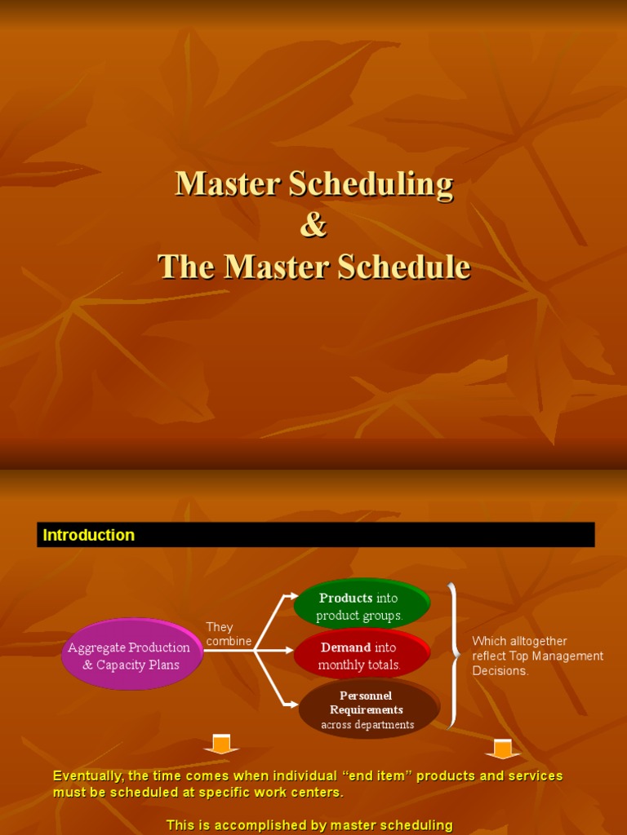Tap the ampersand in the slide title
tap(313, 225)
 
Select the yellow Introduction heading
tap(88, 535)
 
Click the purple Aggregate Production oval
tap(133, 654)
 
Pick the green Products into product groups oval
tap(362, 604)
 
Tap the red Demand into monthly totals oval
tap(362, 654)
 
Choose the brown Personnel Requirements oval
tap(369, 709)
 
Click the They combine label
tap(229, 634)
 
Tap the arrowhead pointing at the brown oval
tap(294, 705)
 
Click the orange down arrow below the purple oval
tap(221, 744)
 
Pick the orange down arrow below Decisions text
tap(502, 749)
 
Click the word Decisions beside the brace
tap(500, 671)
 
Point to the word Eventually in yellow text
tap(88, 776)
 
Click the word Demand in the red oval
tap(345, 647)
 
